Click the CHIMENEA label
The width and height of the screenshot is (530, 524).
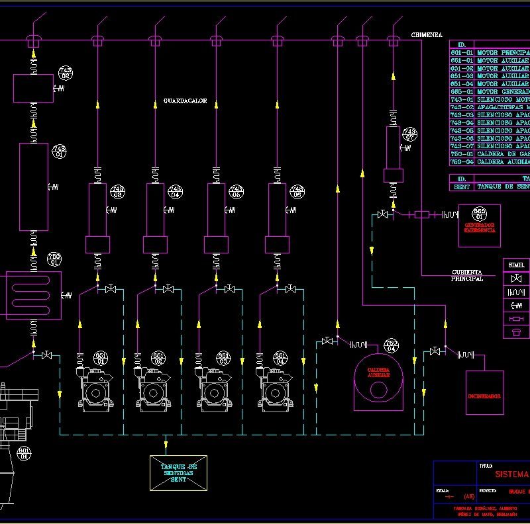pyautogui.click(x=427, y=34)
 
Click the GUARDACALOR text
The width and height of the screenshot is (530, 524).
pyautogui.click(x=185, y=102)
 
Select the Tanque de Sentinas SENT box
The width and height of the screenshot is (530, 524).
pyautogui.click(x=178, y=472)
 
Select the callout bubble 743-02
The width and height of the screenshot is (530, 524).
pyautogui.click(x=66, y=73)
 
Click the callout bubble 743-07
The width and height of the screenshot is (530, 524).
pyautogui.click(x=410, y=135)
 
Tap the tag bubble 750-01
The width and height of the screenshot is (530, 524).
pyautogui.click(x=54, y=259)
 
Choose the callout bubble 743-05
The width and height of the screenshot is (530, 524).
pyautogui.click(x=236, y=192)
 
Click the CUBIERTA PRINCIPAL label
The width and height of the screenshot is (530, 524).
pyautogui.click(x=467, y=275)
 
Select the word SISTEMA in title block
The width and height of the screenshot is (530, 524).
pyautogui.click(x=512, y=474)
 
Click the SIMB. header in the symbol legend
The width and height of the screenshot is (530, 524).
pyautogui.click(x=517, y=265)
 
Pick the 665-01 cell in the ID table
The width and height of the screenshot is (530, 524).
pyautogui.click(x=461, y=92)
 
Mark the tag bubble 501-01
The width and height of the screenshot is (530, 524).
pyautogui.click(x=25, y=453)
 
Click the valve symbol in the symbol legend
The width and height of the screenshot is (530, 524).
pyautogui.click(x=517, y=278)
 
